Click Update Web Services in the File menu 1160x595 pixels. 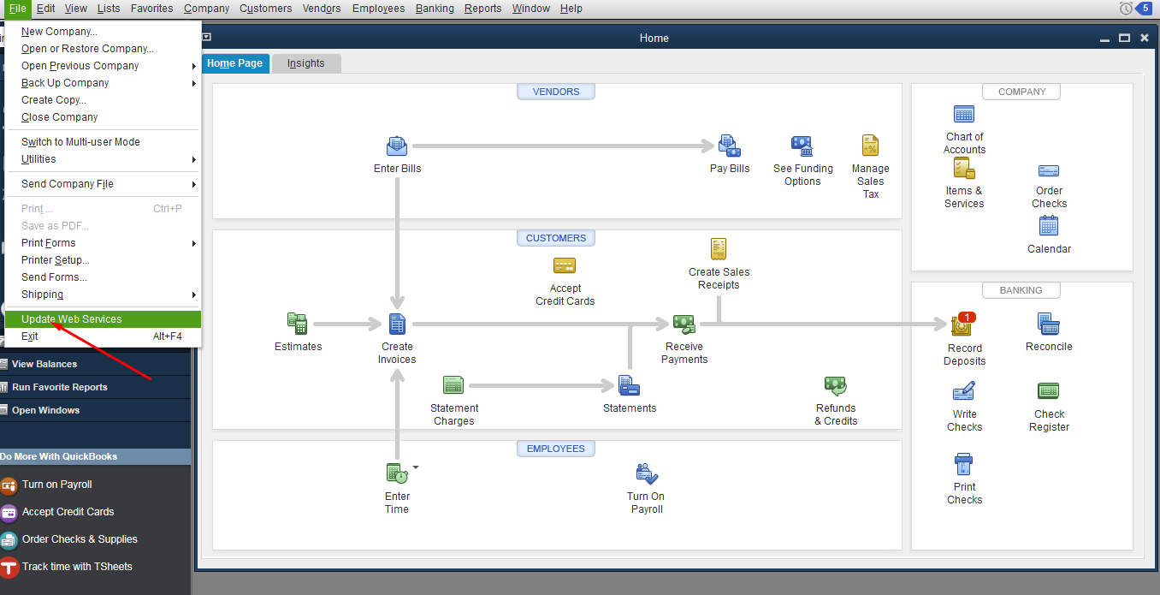[x=72, y=319]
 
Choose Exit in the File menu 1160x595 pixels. [x=30, y=336]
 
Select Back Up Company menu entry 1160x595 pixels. [x=65, y=83]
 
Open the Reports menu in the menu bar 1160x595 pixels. [x=482, y=9]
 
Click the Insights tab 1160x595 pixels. [x=305, y=63]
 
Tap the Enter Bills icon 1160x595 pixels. [x=397, y=146]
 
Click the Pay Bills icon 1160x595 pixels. [x=729, y=146]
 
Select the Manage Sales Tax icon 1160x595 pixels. [x=870, y=146]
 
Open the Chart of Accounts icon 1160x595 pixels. [x=964, y=114]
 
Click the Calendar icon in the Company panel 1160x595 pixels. [x=1049, y=225]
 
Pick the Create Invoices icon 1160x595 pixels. [x=397, y=324]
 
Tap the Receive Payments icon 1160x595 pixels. [x=684, y=324]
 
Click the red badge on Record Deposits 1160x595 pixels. [x=967, y=318]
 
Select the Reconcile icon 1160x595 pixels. [x=1049, y=324]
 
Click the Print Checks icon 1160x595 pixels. [x=964, y=464]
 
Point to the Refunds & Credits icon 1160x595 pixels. [x=835, y=385]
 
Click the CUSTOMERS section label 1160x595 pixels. [x=556, y=238]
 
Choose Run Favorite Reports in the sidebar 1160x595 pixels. [x=60, y=387]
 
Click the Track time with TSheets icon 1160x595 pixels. [x=9, y=567]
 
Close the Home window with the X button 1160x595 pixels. [x=1145, y=38]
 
